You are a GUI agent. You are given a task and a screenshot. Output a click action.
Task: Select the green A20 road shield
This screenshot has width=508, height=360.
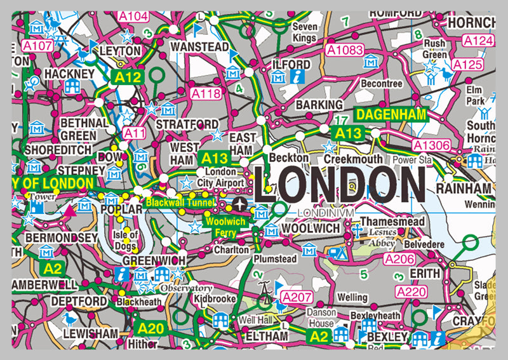pos(150,328)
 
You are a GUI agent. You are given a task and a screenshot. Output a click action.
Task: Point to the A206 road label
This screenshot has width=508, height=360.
pos(399,259)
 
